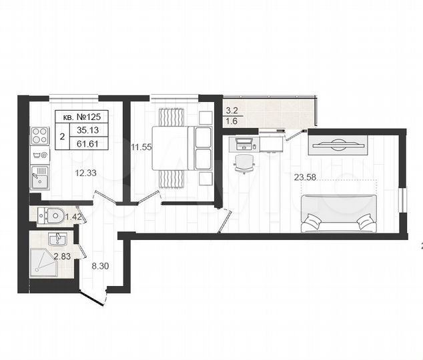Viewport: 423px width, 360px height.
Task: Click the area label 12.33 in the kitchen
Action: (x=85, y=173)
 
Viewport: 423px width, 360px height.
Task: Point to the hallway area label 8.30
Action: (x=100, y=265)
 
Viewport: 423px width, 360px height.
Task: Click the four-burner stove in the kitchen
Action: (x=38, y=139)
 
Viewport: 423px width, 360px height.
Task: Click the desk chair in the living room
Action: (x=245, y=162)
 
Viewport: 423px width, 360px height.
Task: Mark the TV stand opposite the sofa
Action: (x=338, y=144)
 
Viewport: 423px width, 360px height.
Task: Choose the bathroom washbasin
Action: (x=57, y=237)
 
